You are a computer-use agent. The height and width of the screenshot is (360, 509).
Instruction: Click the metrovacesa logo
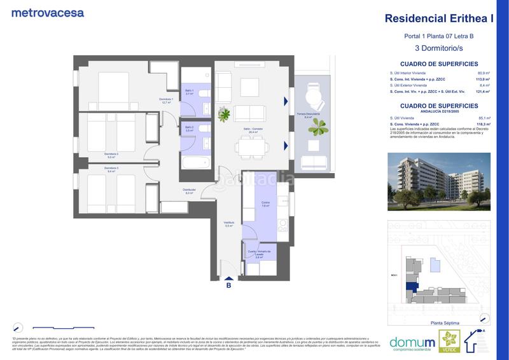point(47,12)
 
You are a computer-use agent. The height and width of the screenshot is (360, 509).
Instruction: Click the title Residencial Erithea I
point(439,18)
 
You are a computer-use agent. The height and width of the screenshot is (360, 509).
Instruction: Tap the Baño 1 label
point(190,93)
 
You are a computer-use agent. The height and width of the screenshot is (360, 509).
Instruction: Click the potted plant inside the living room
point(223,114)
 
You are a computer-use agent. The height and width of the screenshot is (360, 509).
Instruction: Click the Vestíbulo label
point(229,223)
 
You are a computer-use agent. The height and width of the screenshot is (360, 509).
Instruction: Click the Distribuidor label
point(188,191)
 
